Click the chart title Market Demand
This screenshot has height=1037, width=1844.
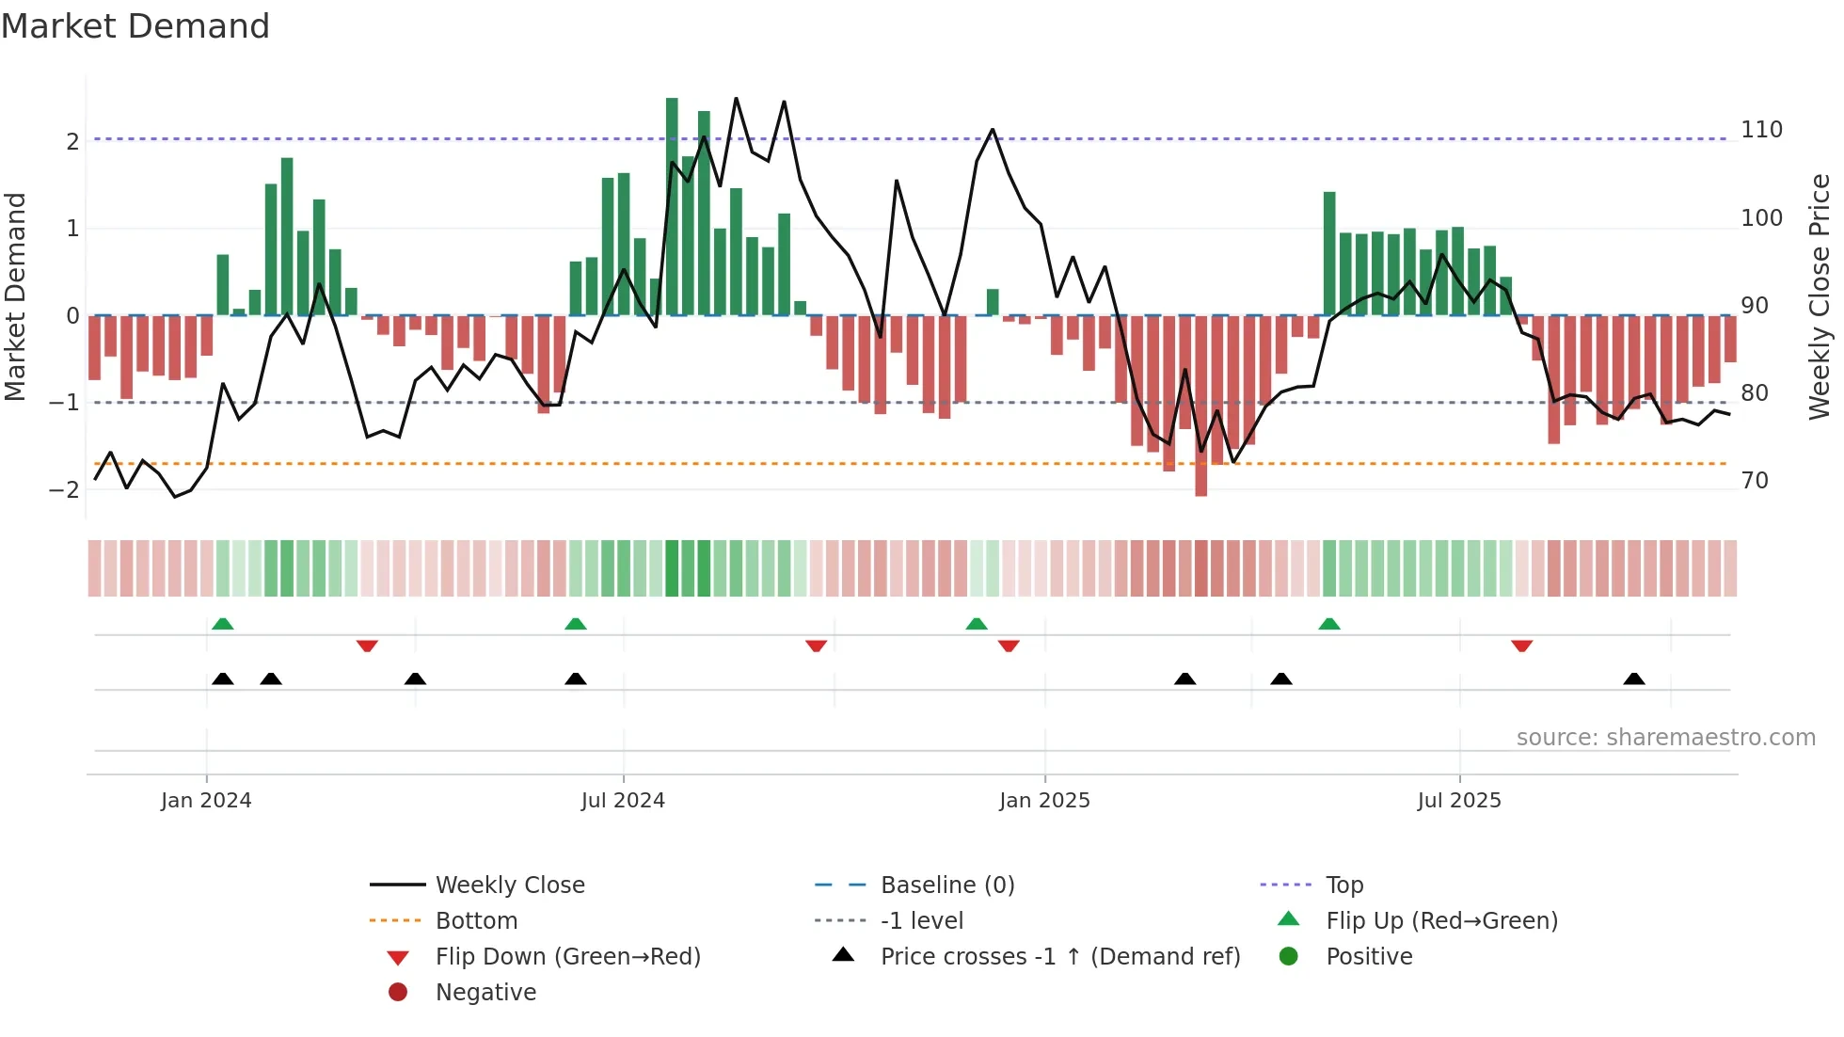point(135,26)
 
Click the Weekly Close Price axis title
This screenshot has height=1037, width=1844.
point(1820,296)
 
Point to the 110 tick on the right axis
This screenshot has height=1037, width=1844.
point(1761,130)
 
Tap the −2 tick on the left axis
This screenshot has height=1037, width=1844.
point(65,489)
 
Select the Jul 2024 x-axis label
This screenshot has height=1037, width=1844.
point(623,801)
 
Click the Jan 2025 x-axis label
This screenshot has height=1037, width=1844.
point(1044,801)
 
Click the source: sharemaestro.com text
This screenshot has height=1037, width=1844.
point(1665,738)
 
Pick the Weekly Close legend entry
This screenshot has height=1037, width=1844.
point(509,885)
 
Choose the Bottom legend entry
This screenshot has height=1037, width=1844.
point(476,921)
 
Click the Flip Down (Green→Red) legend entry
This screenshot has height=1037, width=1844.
point(567,957)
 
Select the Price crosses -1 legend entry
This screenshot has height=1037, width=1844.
point(1059,957)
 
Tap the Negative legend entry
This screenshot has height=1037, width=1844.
point(485,993)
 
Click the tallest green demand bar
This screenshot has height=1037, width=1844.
point(672,207)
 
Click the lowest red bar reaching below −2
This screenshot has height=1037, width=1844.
point(1200,405)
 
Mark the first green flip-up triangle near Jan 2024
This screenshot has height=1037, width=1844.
point(223,624)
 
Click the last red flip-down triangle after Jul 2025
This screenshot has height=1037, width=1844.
point(1521,646)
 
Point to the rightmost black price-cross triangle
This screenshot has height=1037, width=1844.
point(1634,678)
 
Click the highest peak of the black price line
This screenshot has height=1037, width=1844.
point(736,99)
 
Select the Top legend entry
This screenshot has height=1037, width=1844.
point(1343,885)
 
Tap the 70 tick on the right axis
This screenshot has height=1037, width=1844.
point(1755,481)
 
